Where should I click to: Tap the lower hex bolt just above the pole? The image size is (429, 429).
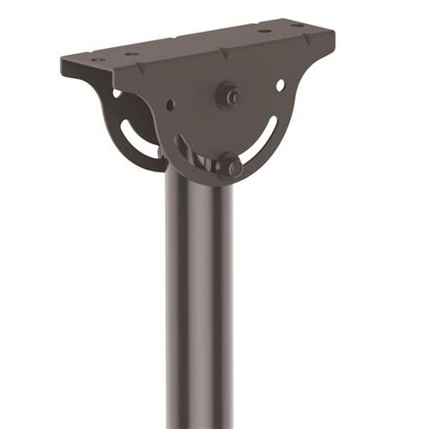230,166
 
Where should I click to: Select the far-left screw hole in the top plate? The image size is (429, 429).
97,61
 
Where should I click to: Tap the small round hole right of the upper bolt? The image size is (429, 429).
281,85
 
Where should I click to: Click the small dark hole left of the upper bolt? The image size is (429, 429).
170,105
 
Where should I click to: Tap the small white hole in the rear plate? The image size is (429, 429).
116,93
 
